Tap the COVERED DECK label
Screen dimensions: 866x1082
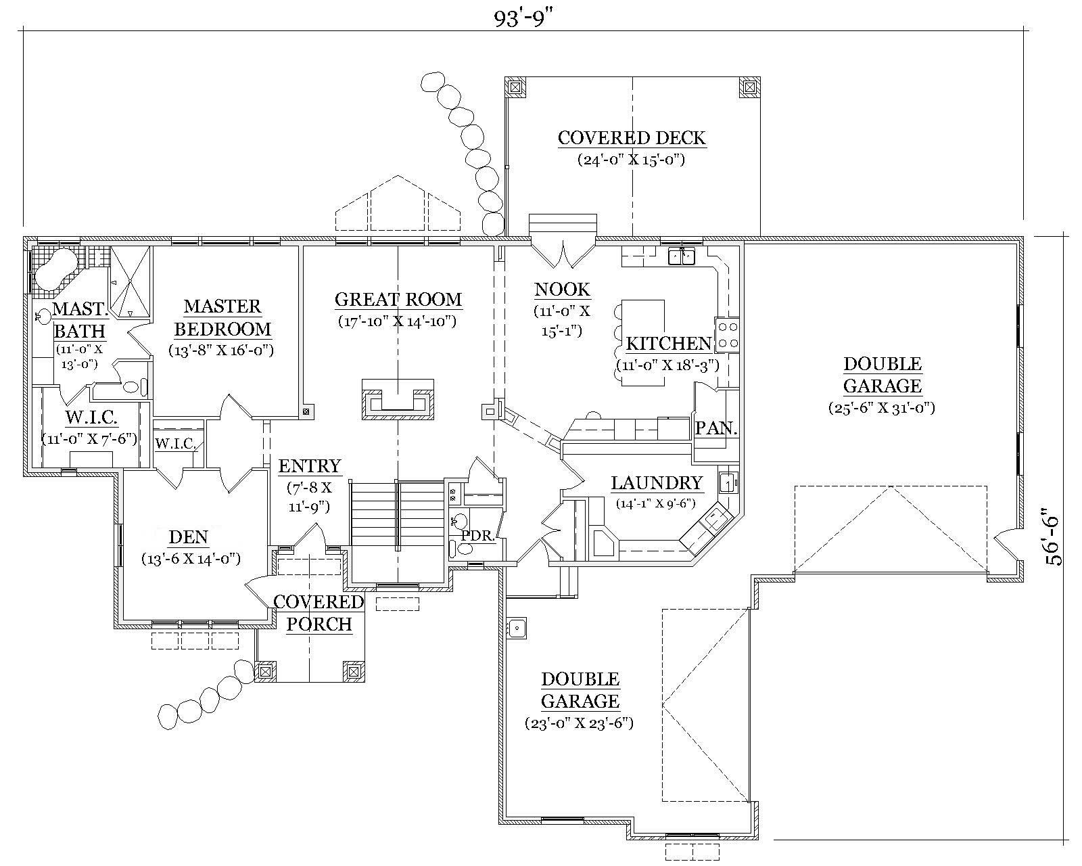click(x=632, y=138)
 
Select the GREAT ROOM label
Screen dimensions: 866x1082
click(x=398, y=299)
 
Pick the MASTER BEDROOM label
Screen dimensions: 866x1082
click(x=222, y=318)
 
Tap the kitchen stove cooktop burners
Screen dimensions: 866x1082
click(x=728, y=335)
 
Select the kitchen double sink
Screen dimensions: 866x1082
click(x=682, y=256)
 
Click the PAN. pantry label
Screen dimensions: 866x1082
click(x=716, y=428)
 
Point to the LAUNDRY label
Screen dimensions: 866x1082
click(x=657, y=483)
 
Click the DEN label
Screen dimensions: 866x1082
click(x=188, y=538)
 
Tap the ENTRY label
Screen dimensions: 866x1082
click(x=310, y=466)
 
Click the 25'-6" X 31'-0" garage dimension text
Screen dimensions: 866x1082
click(x=882, y=408)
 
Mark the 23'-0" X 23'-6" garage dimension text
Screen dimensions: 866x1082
click(x=580, y=723)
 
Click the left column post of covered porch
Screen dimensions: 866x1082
click(x=265, y=672)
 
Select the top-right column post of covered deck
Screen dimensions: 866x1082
click(x=749, y=87)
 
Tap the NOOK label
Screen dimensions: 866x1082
click(x=562, y=290)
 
